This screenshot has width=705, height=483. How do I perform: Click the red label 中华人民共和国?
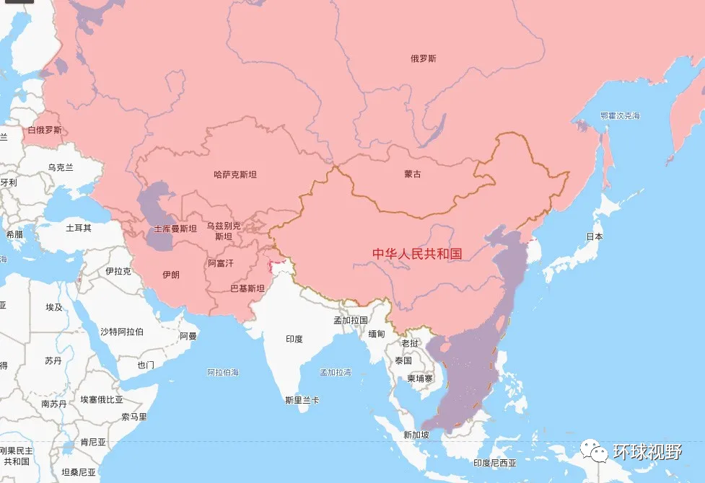[x=416, y=254]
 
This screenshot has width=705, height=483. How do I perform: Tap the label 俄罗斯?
[x=424, y=59]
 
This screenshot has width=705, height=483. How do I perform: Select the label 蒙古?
[x=413, y=174]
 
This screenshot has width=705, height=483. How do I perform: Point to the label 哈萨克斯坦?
[x=235, y=174]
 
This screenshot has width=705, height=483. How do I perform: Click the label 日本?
[x=595, y=236]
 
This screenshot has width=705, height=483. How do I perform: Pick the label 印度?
[x=294, y=339]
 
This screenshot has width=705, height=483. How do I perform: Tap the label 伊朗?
[x=171, y=275]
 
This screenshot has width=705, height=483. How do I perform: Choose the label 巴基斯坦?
[x=247, y=288]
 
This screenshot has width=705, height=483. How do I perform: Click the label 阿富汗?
[x=221, y=263]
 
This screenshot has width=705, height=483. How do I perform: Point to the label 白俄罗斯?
[x=45, y=130]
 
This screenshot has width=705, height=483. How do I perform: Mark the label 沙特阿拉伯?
[x=121, y=332]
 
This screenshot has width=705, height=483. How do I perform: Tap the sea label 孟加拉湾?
[x=336, y=373]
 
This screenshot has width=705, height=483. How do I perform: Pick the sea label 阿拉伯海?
[x=223, y=373]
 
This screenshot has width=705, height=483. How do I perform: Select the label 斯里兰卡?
[x=302, y=399]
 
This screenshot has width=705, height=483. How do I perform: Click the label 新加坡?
[x=417, y=435]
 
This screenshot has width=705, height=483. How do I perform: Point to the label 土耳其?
[x=79, y=228]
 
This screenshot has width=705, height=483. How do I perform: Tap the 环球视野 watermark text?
[x=647, y=452]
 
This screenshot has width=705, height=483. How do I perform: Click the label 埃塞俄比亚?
[x=101, y=399]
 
